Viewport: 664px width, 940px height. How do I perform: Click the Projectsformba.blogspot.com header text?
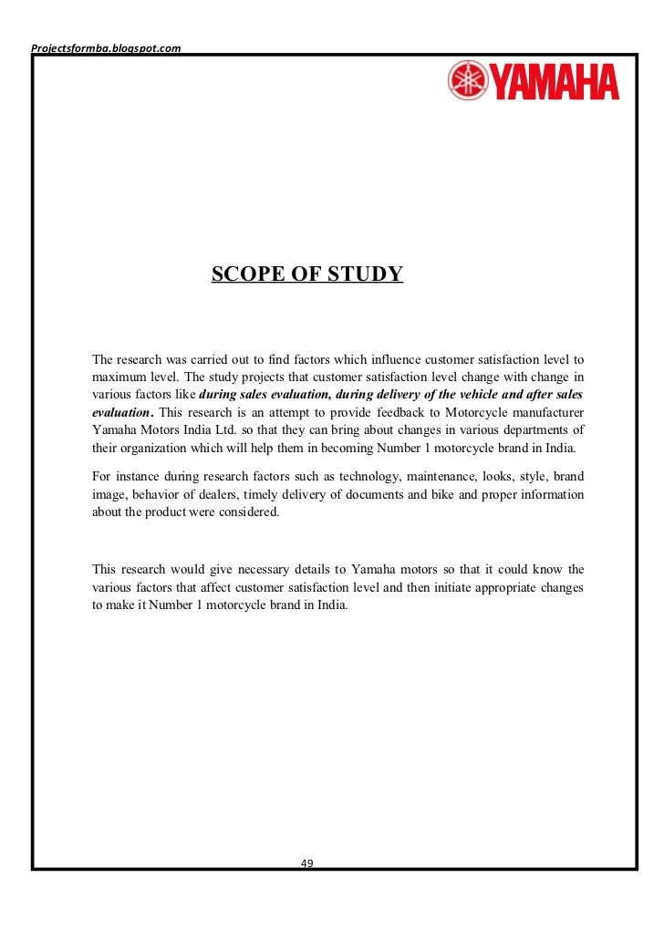click(106, 47)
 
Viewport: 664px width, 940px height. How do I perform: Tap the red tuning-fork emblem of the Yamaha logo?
click(468, 81)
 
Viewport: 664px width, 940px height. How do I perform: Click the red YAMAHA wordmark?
click(555, 82)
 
